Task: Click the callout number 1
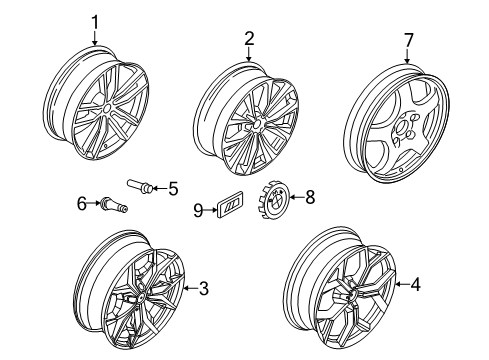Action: [95, 23]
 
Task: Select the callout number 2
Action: [249, 39]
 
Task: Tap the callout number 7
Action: [409, 40]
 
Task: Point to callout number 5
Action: [173, 189]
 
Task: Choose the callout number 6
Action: [82, 204]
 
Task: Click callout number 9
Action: [198, 211]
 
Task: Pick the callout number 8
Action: [310, 197]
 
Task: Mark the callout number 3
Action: [204, 288]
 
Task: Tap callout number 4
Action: [415, 285]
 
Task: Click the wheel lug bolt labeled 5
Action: [140, 186]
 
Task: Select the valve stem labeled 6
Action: [112, 204]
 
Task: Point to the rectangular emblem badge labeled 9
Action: [230, 205]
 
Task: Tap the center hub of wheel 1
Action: [107, 109]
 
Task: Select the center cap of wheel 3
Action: [141, 296]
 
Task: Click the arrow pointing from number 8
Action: [297, 197]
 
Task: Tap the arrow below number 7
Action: [407, 56]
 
